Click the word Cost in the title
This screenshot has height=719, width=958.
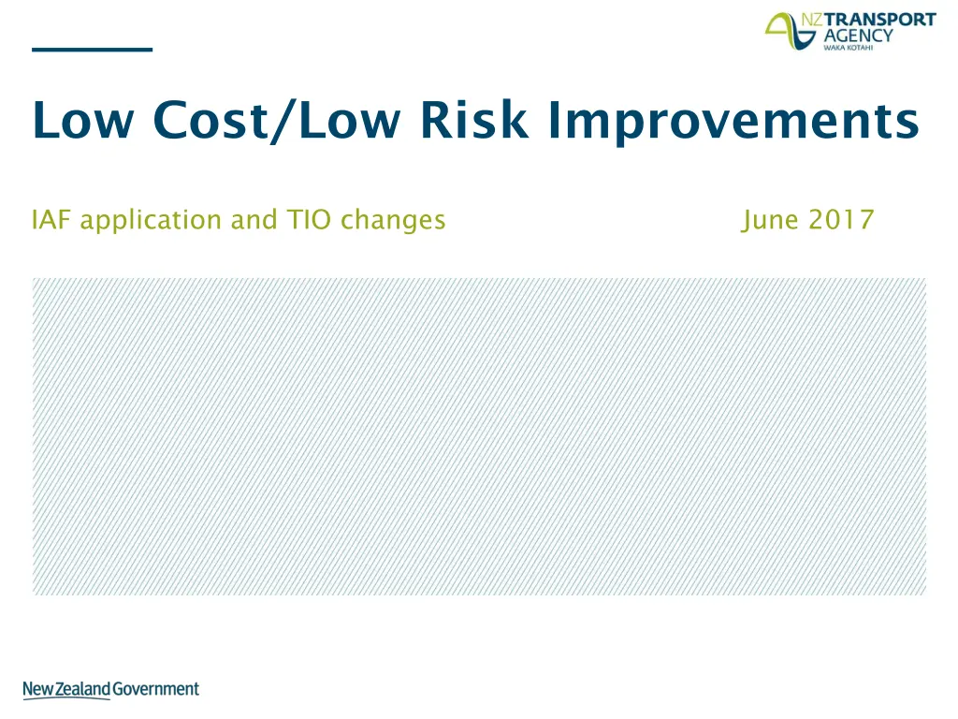click(210, 119)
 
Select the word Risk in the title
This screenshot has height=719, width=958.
click(474, 119)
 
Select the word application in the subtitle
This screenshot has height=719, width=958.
click(151, 221)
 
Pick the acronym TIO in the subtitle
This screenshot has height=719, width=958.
click(309, 219)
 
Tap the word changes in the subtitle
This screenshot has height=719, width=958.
click(393, 221)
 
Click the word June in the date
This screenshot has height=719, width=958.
click(770, 221)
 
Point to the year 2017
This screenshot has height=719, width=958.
click(841, 219)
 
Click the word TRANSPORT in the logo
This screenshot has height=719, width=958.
click(879, 20)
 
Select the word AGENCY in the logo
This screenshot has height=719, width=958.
click(859, 36)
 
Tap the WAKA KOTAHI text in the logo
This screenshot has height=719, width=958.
click(848, 48)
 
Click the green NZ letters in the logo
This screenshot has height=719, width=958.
click(812, 20)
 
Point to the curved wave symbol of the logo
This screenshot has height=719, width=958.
click(790, 31)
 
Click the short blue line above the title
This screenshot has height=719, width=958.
click(93, 50)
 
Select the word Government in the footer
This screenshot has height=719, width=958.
click(156, 689)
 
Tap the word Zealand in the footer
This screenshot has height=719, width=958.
click(83, 689)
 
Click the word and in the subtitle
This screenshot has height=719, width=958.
click(254, 219)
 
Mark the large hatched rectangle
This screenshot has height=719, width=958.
click(479, 436)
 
